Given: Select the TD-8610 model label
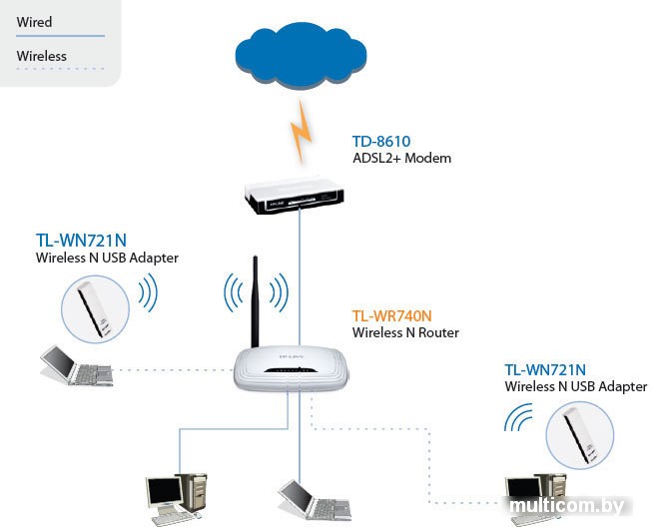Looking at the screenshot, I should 381,142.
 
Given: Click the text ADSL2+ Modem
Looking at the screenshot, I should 401,159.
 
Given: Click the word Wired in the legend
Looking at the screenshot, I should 34,22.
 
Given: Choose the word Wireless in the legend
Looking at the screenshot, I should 42,56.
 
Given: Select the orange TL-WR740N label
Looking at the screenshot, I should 392,315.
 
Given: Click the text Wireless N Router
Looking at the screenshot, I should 405,332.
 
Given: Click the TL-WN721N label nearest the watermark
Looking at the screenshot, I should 545,369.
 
